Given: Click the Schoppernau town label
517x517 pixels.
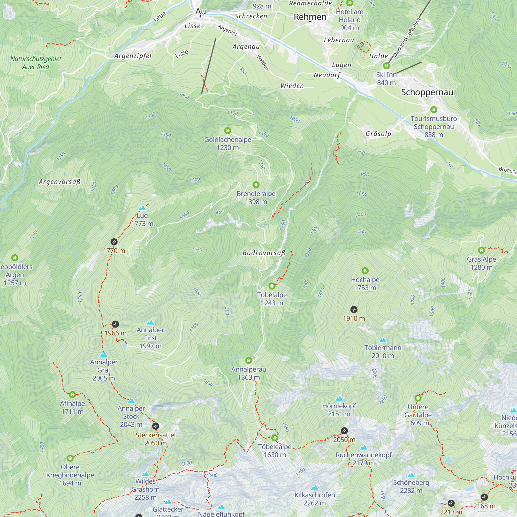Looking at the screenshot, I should pos(427,92).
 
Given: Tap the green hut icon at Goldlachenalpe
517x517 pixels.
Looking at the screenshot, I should pos(227,131).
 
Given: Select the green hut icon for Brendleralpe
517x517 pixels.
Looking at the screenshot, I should pos(256,185).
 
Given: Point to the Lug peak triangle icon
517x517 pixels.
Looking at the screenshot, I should pos(142,208).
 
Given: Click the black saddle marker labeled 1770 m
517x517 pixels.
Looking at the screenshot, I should pos(114,242).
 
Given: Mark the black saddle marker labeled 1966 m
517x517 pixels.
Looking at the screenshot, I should pos(115,324).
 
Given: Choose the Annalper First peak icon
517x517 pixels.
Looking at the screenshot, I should pos(150,322).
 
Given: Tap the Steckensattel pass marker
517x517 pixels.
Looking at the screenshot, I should pos(155,426).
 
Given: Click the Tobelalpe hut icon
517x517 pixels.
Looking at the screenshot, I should pos(272,286).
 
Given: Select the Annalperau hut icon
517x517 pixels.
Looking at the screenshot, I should pos(249,360).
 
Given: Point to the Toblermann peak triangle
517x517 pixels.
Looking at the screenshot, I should pos(383,340).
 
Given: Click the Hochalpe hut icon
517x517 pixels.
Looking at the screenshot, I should pos(365,271).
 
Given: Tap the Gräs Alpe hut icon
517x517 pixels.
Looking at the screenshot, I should pos(481,250).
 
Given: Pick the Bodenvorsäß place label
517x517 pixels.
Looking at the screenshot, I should pos(264,253).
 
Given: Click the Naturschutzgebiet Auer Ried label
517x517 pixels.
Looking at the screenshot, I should pos(36,63).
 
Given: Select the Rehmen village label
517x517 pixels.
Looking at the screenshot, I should pos(310,17).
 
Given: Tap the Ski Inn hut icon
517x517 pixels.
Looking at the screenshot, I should pos(386,66).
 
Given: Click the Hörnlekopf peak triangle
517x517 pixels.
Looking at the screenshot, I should pos(339,398).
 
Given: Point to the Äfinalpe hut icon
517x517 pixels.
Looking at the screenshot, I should pos(72,394).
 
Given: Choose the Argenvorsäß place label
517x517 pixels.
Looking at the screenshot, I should pos(59,182).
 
